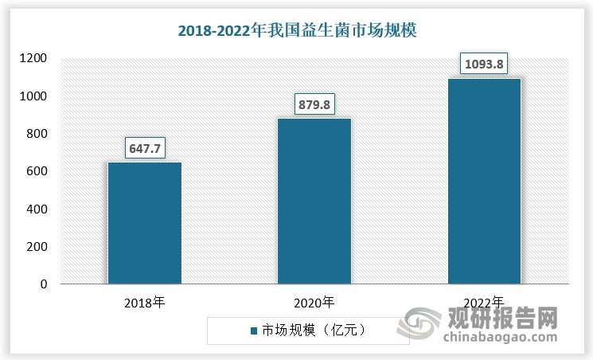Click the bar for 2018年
[145, 223]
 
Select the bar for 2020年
[314, 201]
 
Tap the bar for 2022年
[484, 181]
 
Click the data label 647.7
[145, 148]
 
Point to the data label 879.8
[314, 104]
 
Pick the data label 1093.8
[484, 64]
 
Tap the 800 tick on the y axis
[37, 134]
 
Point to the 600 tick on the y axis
[37, 171]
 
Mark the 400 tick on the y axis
[37, 209]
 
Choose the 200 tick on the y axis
[37, 247]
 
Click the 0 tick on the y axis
[43, 284]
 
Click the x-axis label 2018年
[144, 303]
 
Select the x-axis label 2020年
[314, 303]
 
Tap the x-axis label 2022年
[484, 303]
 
